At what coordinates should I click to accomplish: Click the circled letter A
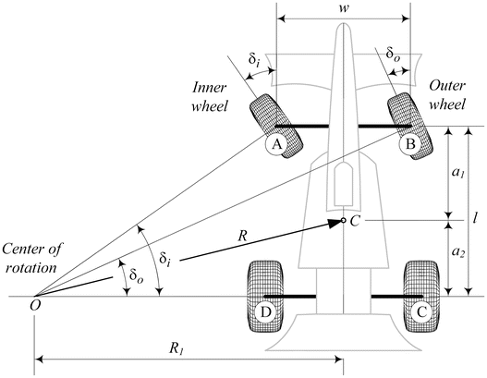274,145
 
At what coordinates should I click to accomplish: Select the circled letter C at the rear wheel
421,313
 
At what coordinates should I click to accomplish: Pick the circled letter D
267,313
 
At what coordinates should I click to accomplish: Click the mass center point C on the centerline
343,221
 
